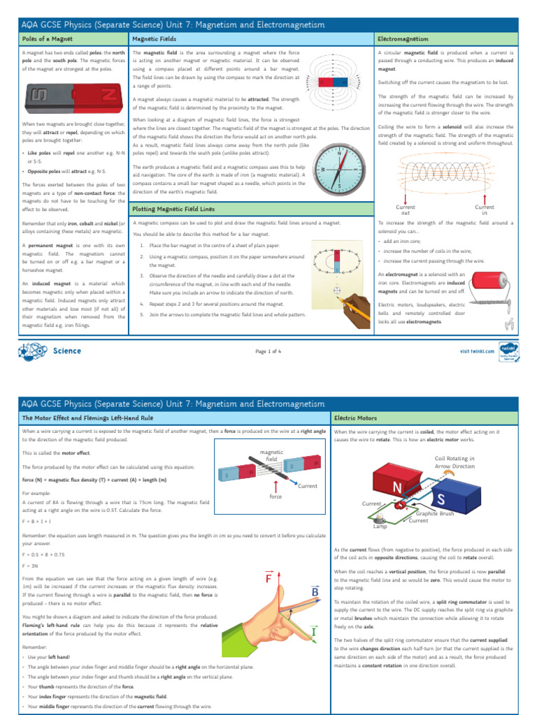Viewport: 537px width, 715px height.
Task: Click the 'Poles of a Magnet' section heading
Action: click(48, 38)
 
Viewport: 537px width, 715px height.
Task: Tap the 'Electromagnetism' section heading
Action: click(403, 38)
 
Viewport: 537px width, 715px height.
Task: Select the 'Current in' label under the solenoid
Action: click(485, 209)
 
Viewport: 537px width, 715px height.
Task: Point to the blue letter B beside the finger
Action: click(315, 593)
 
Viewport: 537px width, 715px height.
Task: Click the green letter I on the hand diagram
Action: click(313, 633)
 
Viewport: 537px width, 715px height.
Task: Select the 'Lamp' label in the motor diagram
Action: click(380, 526)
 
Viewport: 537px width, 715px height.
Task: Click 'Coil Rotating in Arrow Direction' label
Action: click(454, 462)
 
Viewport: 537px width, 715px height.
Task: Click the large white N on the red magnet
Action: click(397, 486)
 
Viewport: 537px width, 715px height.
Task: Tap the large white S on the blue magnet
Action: click(441, 499)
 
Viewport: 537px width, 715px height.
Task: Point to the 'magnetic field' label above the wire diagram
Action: click(271, 455)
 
